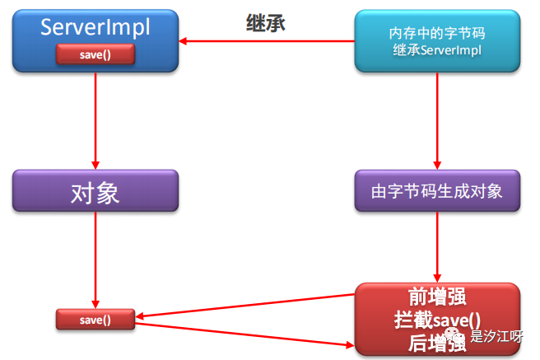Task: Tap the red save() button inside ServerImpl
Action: pos(95,54)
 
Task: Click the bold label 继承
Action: pos(266,23)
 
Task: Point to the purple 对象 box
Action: pos(95,193)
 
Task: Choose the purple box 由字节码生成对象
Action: pos(436,192)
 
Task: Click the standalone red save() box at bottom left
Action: pos(95,319)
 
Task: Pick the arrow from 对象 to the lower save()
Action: pos(95,260)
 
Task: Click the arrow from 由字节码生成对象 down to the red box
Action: pos(436,247)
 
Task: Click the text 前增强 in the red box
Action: pos(434,297)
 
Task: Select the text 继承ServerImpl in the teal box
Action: pos(436,50)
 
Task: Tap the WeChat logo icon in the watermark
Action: pos(457,336)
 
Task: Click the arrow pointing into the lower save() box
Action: pos(247,302)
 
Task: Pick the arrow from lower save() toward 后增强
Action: pos(247,333)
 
